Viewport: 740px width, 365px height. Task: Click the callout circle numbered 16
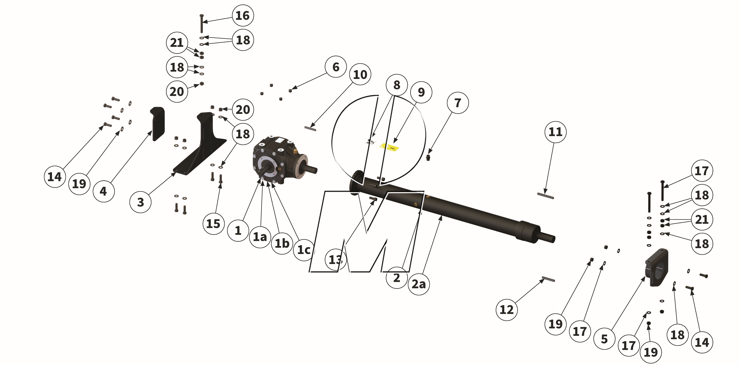coord(243,15)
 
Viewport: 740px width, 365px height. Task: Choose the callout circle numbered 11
coord(555,132)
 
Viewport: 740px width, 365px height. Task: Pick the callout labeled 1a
coord(260,237)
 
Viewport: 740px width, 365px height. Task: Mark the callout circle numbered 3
coord(140,202)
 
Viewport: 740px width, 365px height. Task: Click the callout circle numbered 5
coord(604,339)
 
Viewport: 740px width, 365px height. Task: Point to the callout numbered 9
coord(421,92)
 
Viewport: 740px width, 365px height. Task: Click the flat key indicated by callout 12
coord(548,279)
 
